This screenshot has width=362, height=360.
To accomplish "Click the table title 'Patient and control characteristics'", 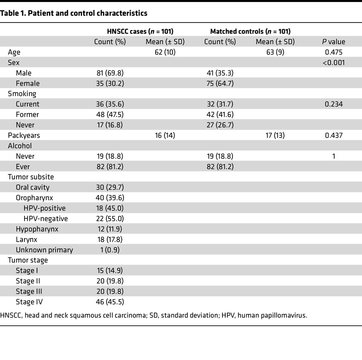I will [x=74, y=13].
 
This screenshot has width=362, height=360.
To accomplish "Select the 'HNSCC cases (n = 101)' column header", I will [x=137, y=31].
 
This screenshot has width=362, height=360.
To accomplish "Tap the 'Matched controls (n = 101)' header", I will [x=250, y=31].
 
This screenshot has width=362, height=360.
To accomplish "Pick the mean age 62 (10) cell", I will [x=165, y=52].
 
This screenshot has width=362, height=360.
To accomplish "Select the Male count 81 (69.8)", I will [x=109, y=73].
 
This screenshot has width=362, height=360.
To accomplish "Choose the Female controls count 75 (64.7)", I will [x=219, y=84].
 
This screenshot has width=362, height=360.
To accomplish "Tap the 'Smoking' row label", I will [x=22, y=94].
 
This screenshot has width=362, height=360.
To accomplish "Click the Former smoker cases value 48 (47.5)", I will [x=109, y=115].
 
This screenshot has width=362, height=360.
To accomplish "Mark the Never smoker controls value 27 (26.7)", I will [x=219, y=125].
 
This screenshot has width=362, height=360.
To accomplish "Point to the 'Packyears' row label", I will [x=24, y=136].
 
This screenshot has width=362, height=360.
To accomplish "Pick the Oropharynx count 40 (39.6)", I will [x=109, y=198].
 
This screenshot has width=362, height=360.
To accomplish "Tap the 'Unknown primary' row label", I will [x=44, y=250].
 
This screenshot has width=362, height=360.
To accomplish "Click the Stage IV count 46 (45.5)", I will [x=109, y=302].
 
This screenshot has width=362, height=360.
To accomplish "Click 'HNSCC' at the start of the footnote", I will [x=11, y=315].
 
